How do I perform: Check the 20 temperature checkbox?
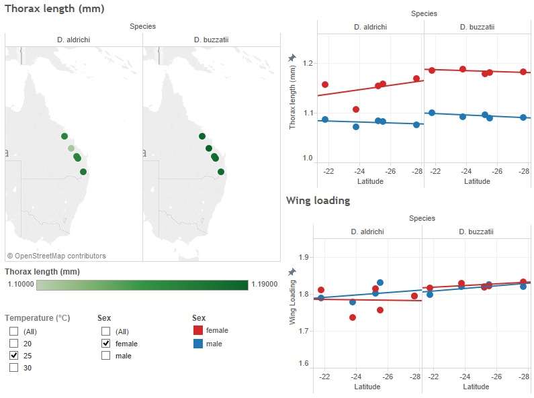(x=13, y=344)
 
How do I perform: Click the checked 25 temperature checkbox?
(x=13, y=356)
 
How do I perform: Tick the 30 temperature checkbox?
(x=13, y=368)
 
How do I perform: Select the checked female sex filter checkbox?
(x=105, y=344)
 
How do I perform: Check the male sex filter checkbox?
(x=105, y=356)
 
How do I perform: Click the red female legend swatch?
(x=198, y=330)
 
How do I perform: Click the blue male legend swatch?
(x=198, y=344)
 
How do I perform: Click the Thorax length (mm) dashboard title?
(x=54, y=9)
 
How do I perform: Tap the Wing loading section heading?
(x=318, y=201)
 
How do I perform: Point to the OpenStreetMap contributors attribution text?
(x=56, y=256)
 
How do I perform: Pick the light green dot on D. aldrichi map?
(x=71, y=148)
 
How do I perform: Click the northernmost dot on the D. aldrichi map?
(x=64, y=136)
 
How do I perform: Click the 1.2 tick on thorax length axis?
(x=308, y=63)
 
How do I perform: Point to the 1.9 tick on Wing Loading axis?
(x=303, y=257)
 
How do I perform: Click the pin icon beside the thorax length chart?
(x=292, y=59)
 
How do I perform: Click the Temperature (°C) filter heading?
(x=38, y=318)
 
